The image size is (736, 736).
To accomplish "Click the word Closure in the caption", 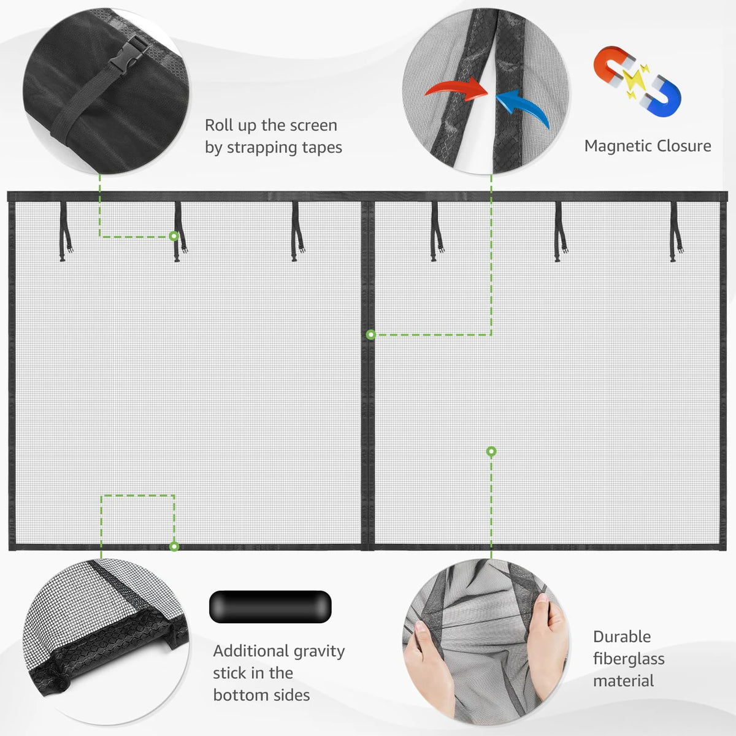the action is point(680,146).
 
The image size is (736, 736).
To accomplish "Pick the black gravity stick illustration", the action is point(270,606).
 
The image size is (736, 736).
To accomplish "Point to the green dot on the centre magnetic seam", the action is point(371,335).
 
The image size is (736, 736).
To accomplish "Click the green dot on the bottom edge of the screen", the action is point(174,546).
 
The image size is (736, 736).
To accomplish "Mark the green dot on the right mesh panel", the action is point(491,451).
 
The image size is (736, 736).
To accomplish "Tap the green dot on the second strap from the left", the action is point(174,236).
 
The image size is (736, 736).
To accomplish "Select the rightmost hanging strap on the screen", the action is point(675,231).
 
